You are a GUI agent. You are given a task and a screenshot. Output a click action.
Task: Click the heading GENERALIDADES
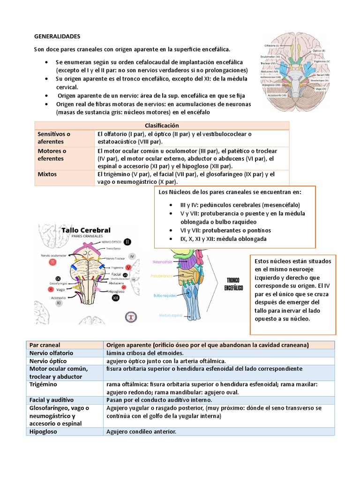click(x=57, y=36)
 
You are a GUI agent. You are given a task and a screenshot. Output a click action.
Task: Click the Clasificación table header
click(x=162, y=125)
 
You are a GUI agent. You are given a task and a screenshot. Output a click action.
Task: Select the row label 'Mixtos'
click(x=47, y=174)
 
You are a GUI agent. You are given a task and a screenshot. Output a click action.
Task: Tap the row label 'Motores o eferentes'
click(x=52, y=155)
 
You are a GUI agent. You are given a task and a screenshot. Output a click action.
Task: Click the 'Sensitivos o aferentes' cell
click(x=54, y=137)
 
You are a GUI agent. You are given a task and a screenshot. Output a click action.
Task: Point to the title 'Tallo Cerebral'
click(x=86, y=230)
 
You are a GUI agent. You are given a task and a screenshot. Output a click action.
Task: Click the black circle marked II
click(x=128, y=241)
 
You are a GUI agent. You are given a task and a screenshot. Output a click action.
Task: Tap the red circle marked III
click(x=52, y=262)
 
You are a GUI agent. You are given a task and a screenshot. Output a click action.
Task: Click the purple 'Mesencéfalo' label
click(x=163, y=262)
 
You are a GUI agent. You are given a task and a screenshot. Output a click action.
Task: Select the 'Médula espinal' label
click(x=170, y=315)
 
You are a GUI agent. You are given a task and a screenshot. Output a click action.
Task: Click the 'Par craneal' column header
click(x=45, y=345)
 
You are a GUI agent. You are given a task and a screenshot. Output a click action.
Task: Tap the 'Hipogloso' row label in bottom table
click(x=43, y=431)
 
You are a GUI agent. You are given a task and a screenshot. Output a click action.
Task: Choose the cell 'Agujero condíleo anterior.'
click(x=142, y=431)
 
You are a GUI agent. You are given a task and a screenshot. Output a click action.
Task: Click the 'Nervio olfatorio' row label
click(x=52, y=353)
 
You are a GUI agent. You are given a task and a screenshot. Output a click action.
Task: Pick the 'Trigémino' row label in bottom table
click(x=43, y=384)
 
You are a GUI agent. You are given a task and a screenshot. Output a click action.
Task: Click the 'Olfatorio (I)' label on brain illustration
click(x=271, y=45)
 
